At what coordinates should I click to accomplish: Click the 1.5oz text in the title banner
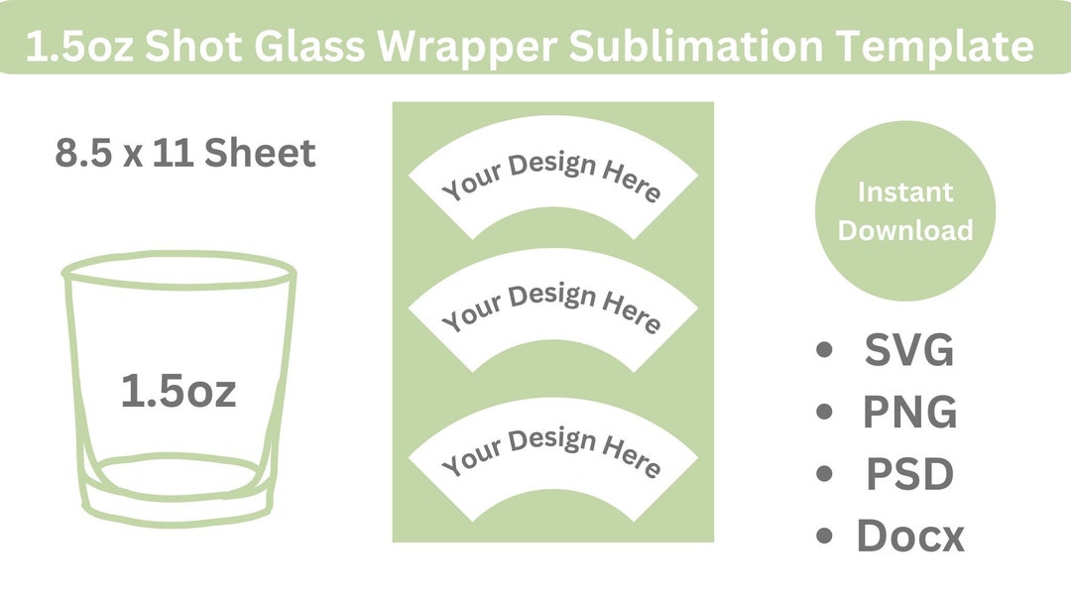click(x=78, y=47)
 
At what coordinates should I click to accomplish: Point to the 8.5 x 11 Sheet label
click(x=185, y=154)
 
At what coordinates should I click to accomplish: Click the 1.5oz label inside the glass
click(x=178, y=391)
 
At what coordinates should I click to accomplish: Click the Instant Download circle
click(x=904, y=211)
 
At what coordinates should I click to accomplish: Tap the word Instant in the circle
click(x=904, y=191)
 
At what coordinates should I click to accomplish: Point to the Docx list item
click(x=909, y=537)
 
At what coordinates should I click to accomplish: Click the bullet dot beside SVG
click(x=823, y=351)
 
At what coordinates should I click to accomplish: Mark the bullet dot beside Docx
click(x=823, y=538)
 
